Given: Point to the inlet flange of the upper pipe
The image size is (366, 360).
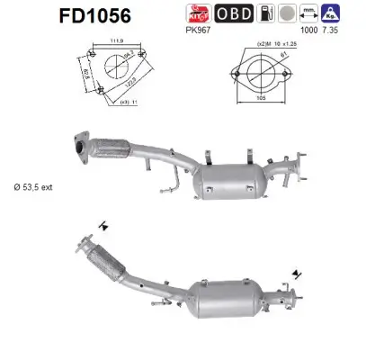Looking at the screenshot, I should point(79,148).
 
